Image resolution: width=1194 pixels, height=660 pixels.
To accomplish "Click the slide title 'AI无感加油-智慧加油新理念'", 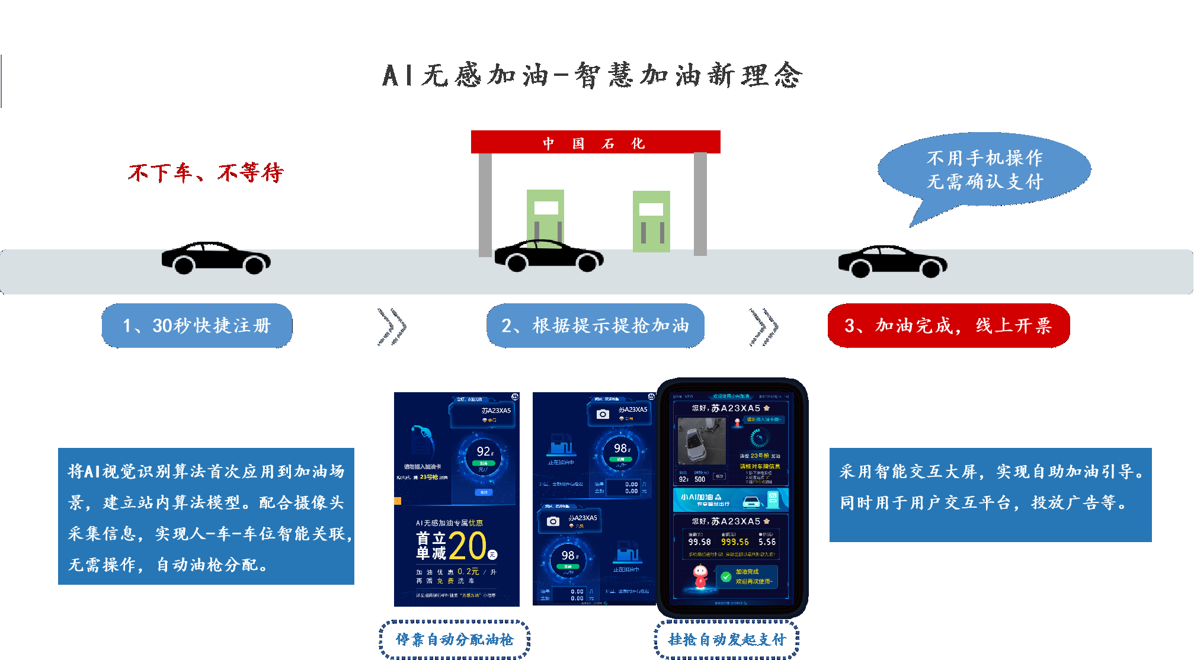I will tap(593, 76).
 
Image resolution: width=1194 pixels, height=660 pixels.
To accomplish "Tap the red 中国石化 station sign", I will tap(595, 142).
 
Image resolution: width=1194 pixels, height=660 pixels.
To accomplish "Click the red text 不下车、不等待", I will tap(206, 173).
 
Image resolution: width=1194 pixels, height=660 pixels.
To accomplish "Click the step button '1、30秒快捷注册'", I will tap(197, 325).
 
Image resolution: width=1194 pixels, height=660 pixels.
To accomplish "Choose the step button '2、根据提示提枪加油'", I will tap(595, 325).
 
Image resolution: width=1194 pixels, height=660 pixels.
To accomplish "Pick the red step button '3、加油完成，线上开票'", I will tap(948, 325).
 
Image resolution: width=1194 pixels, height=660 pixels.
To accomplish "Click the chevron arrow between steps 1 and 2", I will tap(392, 326).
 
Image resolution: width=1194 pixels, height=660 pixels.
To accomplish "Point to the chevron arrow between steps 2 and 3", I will tap(764, 326).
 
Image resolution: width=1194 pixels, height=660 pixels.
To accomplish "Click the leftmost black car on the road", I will tap(216, 258).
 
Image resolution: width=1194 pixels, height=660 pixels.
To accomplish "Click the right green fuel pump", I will tap(651, 221).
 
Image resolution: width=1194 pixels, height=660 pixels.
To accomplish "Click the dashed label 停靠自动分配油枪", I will tap(454, 640).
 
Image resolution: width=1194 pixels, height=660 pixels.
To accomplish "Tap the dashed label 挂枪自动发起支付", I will tap(727, 640).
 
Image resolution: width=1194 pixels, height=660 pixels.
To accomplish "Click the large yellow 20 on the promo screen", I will tap(468, 546).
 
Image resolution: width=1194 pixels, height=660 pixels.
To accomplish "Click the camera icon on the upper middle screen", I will tap(603, 414).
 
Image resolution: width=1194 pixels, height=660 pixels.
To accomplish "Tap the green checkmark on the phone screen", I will tap(725, 576).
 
